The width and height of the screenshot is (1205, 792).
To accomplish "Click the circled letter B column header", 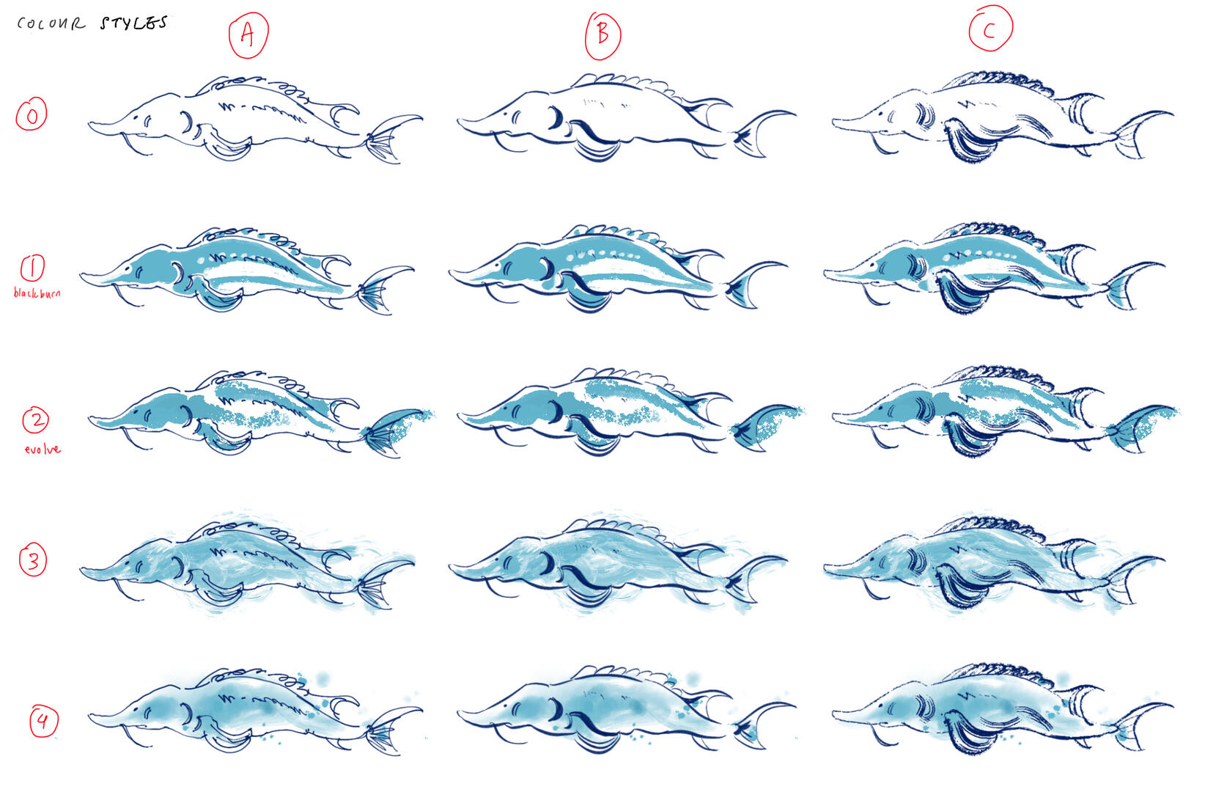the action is click(x=603, y=35).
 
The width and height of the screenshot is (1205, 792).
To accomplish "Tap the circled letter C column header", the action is click(x=991, y=28).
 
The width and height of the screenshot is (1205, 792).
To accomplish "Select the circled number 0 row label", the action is click(x=32, y=114).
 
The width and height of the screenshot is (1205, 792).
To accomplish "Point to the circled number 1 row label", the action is click(x=32, y=268).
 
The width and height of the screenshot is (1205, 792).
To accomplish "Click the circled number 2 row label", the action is click(x=35, y=420).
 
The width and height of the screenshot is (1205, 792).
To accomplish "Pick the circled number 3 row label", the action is click(x=33, y=560).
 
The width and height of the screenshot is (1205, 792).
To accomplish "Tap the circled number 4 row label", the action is click(x=43, y=722).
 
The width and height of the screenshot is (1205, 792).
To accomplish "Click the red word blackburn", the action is click(x=37, y=293).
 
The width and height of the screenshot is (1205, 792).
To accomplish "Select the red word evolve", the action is click(x=43, y=450).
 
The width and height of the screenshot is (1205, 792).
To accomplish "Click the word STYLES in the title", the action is click(x=134, y=23).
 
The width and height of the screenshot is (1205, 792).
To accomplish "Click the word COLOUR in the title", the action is click(x=51, y=23).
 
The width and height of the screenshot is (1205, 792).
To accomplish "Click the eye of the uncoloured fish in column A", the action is click(x=134, y=117).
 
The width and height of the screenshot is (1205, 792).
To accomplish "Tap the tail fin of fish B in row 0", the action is click(x=762, y=133).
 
